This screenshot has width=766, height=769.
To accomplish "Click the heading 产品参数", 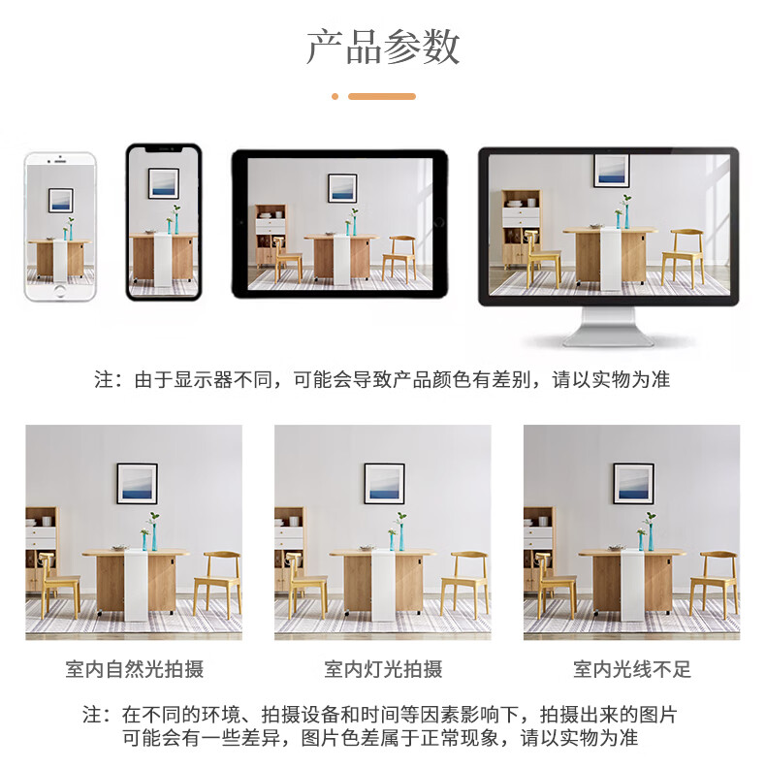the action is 383,47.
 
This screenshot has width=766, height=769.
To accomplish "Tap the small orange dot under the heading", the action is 335,97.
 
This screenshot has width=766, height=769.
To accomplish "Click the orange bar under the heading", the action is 382,97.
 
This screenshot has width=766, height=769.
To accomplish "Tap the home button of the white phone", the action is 60,290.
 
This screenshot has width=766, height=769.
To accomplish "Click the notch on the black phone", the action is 164,148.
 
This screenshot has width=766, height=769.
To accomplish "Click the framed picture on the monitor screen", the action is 612,170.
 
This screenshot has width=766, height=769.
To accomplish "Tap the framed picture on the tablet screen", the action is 342,188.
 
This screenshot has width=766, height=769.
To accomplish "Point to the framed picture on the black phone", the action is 164,183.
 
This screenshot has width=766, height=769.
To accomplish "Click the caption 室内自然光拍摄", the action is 135,669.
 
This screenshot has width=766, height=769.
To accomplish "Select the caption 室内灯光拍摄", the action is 383,669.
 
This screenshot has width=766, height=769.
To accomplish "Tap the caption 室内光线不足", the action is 632,669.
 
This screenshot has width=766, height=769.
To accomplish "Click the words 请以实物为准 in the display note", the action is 611,379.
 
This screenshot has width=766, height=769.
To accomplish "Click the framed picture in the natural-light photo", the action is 138,484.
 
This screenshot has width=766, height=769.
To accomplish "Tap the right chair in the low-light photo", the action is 714,584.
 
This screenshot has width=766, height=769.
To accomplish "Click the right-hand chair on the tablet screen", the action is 399,258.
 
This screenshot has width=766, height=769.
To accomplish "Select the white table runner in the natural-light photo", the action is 136,585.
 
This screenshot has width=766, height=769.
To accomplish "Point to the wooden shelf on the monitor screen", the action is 522,229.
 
